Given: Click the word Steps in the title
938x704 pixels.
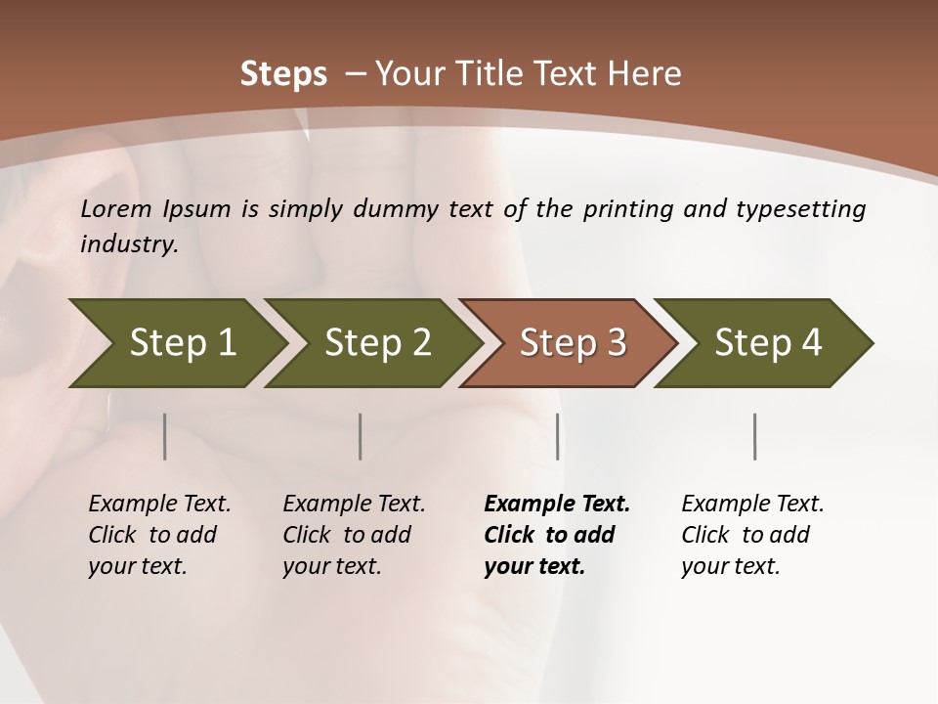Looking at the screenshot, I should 283,74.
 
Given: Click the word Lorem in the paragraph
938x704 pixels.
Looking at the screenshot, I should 113,208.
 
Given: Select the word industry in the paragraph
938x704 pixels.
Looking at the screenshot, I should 128,243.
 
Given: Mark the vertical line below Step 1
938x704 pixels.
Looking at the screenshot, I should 164,436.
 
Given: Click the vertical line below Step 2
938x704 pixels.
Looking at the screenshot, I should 361,436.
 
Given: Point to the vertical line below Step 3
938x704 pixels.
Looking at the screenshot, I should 557,436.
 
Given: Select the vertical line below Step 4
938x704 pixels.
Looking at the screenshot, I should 754,436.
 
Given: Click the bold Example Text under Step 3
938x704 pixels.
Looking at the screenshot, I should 557,505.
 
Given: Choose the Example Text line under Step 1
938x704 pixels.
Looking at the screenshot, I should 159,505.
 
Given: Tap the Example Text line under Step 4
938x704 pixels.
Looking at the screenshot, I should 752,505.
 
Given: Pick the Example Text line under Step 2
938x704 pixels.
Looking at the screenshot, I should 354,505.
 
